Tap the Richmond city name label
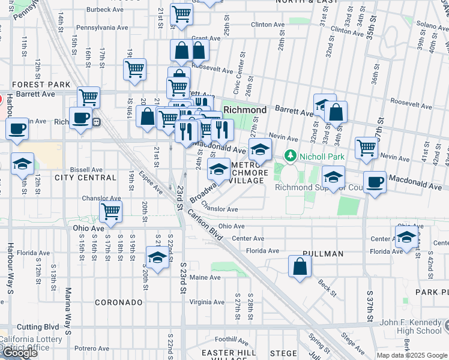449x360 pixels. click(245, 110)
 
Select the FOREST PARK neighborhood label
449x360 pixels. click(26, 85)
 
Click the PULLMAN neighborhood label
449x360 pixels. click(323, 254)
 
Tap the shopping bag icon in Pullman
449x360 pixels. click(300, 266)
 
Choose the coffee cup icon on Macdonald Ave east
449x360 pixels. click(375, 182)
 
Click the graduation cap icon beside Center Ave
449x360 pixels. click(406, 236)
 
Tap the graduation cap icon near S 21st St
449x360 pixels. click(157, 257)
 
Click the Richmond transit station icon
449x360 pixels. click(96, 121)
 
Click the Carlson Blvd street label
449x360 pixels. click(205, 226)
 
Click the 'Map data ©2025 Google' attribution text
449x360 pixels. click(411, 355)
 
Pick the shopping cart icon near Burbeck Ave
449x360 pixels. click(181, 14)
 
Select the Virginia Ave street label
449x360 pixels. click(206, 302)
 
